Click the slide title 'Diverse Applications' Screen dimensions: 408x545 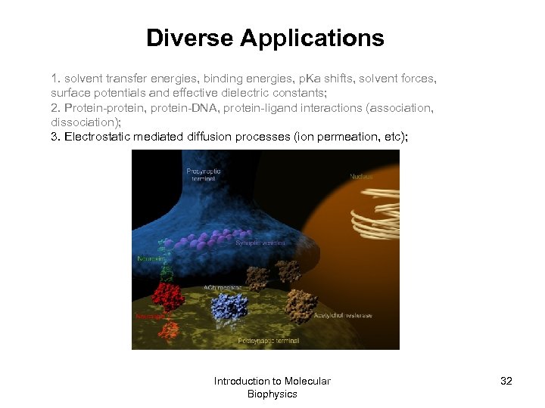(265, 38)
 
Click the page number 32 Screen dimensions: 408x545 (506, 381)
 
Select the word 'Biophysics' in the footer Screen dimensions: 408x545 (272, 394)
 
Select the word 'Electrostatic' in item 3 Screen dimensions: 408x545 (98, 137)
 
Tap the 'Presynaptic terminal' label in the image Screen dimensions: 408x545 (204, 175)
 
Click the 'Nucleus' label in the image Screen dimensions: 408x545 (361, 177)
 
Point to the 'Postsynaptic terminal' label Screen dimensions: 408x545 (269, 341)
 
